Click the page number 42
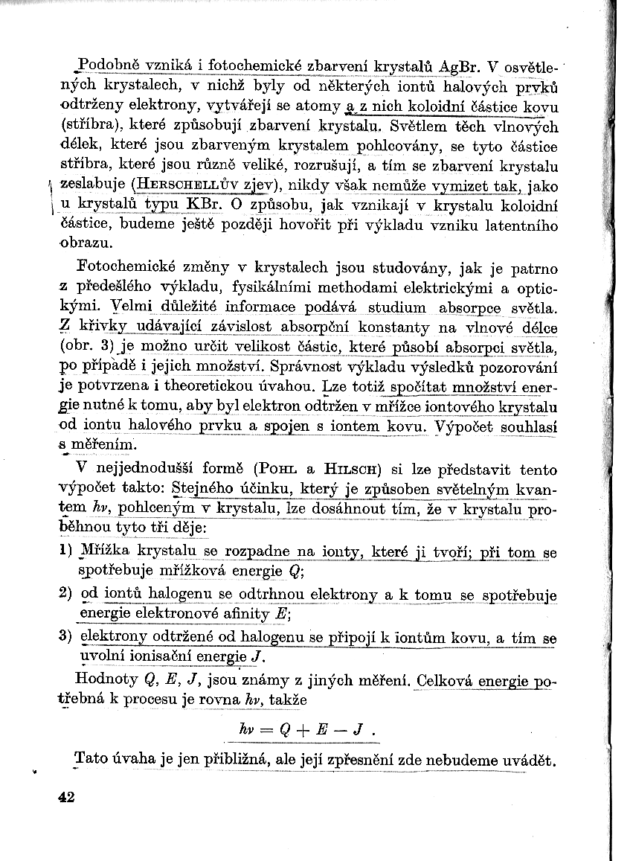(x=66, y=797)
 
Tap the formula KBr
(x=202, y=204)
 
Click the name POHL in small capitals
(x=277, y=470)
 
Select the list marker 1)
(x=65, y=553)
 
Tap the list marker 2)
(x=65, y=595)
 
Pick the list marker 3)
(x=65, y=638)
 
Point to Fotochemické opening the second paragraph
(x=122, y=266)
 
